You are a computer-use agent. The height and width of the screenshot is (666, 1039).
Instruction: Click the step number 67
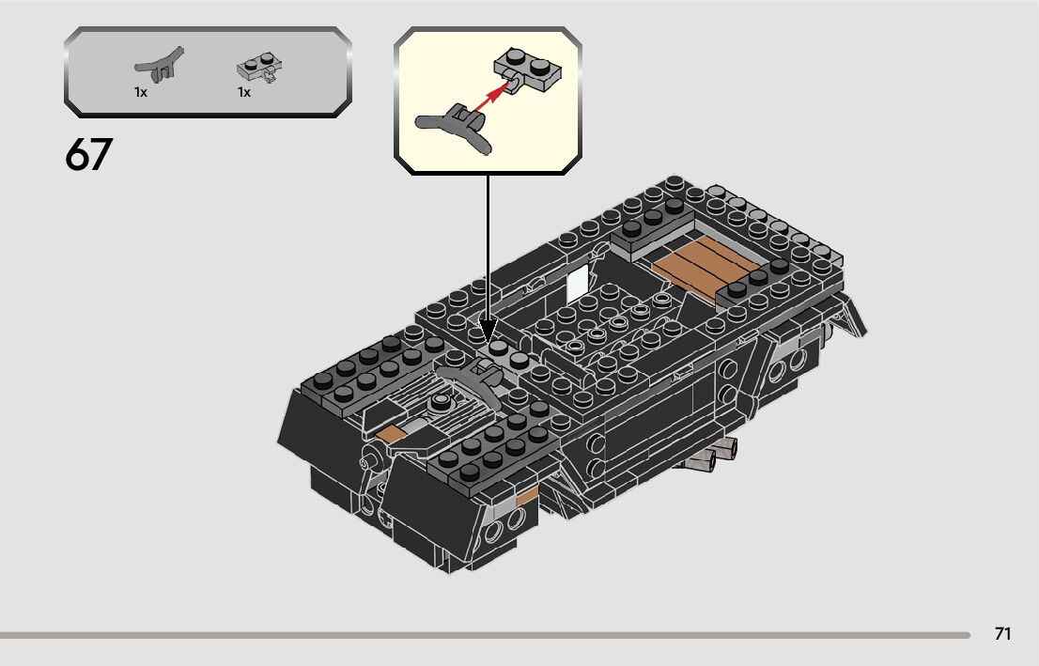click(88, 155)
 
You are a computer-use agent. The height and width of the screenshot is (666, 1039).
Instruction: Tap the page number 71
click(1002, 634)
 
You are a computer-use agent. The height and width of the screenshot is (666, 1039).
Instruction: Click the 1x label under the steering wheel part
click(141, 93)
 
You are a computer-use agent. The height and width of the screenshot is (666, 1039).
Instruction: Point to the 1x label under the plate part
click(244, 93)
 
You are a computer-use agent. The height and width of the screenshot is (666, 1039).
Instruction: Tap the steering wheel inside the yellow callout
click(456, 128)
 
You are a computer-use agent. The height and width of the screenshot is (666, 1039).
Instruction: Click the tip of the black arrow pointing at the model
click(488, 339)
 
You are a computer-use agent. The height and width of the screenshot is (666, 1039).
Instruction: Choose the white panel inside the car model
click(578, 279)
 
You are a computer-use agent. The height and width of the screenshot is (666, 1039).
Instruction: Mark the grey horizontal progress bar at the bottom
click(484, 635)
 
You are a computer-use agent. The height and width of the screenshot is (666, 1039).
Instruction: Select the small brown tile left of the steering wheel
click(388, 434)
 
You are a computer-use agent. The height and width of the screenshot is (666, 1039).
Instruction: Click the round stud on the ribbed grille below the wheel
click(439, 404)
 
